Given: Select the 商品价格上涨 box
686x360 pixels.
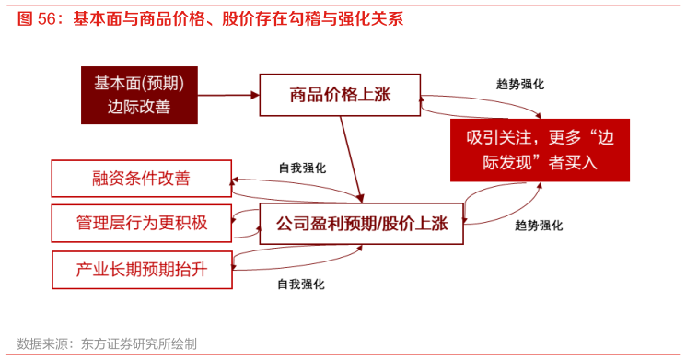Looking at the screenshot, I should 340,95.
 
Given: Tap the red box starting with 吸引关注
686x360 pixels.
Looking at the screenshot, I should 540,150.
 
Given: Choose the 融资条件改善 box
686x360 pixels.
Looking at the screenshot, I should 141,178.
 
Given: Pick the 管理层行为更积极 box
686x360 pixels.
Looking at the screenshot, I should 141,222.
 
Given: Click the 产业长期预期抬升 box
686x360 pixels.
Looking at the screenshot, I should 141,270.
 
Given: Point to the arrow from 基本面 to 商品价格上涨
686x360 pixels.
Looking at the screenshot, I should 228,95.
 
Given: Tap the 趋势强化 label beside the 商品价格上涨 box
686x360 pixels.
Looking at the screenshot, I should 519,84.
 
